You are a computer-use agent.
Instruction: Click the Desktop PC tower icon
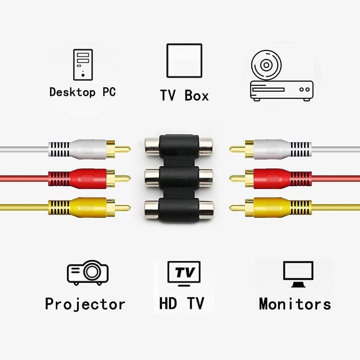[83, 64]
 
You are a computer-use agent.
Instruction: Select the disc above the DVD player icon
[266, 65]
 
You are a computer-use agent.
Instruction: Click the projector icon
[88, 273]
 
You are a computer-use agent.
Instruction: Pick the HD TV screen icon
[184, 273]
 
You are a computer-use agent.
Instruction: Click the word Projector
[85, 305]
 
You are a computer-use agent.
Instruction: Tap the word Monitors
[295, 304]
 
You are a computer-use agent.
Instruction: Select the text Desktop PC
[83, 92]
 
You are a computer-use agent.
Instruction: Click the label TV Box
[184, 95]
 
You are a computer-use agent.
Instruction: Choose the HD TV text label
[182, 303]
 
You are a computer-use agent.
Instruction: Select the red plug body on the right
[283, 179]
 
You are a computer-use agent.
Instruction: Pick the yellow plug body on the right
[283, 208]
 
